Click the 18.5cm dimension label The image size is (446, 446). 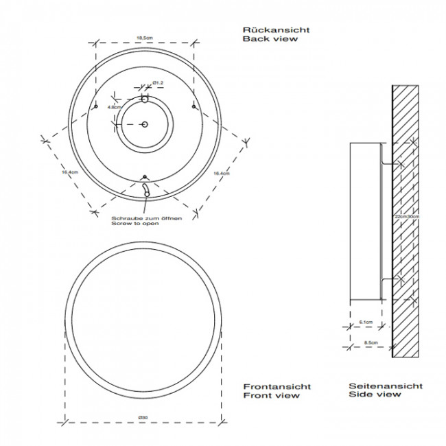(144, 38)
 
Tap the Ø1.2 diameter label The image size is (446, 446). (157, 83)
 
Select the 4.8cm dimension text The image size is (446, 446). (114, 107)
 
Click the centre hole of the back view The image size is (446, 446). (144, 124)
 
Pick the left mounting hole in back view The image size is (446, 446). (96, 106)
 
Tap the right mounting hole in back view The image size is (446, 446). (193, 106)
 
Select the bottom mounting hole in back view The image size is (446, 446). (144, 176)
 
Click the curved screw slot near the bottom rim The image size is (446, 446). (145, 189)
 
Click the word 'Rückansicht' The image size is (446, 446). (266, 30)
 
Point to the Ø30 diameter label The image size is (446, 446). (144, 418)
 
